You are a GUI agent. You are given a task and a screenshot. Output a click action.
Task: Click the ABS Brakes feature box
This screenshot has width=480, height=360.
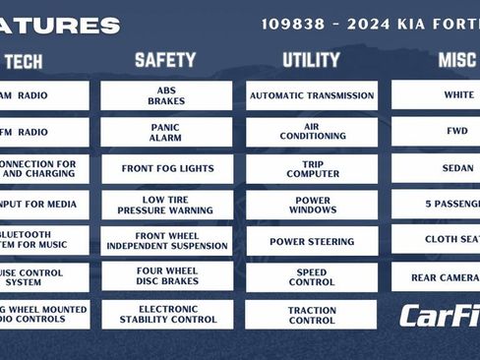[x=166, y=95]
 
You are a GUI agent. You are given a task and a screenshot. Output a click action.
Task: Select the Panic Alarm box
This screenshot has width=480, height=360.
[x=166, y=132]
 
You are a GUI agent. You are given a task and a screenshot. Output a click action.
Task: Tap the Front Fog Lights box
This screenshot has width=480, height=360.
[x=166, y=168]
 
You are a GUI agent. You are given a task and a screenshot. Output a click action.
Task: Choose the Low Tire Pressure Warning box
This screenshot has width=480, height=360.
[x=166, y=205]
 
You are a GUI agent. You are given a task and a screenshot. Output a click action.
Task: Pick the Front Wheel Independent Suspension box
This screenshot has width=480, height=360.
[x=166, y=241]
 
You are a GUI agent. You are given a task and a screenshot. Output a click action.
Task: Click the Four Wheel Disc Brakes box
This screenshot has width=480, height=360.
[x=166, y=276]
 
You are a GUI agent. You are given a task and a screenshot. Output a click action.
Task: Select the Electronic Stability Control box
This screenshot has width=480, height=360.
[x=166, y=314]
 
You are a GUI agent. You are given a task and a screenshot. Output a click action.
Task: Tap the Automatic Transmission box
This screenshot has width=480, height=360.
[x=311, y=95]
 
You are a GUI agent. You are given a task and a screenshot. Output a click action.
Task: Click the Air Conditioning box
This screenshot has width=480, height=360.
[x=311, y=132]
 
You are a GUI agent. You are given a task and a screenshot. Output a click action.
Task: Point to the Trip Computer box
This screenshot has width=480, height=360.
[x=311, y=168]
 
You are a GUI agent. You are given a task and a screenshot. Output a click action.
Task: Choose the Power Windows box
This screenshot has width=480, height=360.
[x=311, y=205]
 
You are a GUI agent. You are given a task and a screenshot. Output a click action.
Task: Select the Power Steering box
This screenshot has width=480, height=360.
[x=311, y=241]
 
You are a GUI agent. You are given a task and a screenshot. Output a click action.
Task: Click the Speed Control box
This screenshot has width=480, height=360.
[x=311, y=276]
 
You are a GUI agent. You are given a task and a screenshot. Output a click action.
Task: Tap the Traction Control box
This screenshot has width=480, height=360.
[x=311, y=314]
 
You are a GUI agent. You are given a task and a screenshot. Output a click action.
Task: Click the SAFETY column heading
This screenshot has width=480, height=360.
[x=165, y=60]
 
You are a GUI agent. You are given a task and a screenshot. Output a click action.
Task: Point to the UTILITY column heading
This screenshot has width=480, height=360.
[x=311, y=60]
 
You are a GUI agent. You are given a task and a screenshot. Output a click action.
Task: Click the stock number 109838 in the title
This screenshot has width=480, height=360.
[x=292, y=24]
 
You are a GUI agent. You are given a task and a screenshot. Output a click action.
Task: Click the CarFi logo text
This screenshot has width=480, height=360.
[x=439, y=316]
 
